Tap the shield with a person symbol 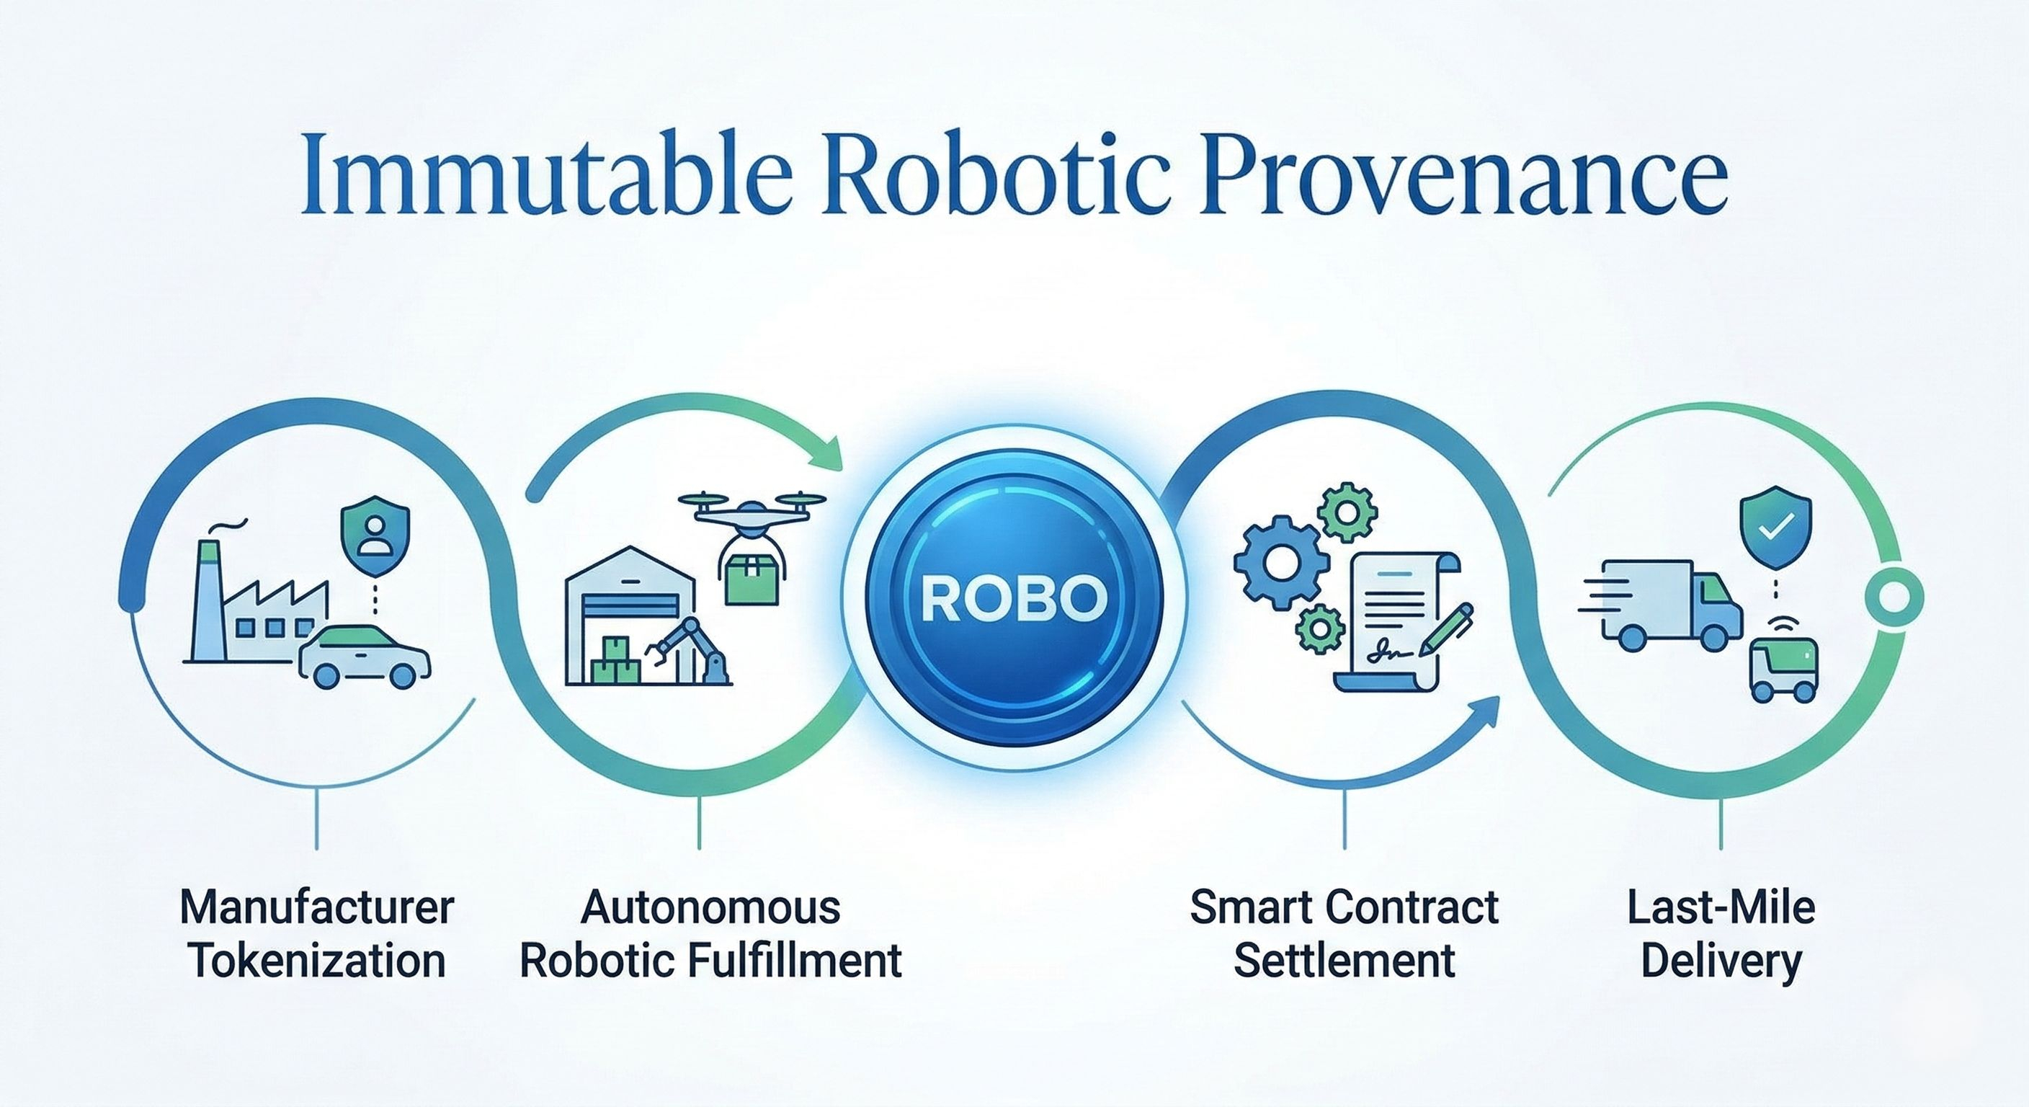click(x=374, y=535)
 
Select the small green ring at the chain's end click(x=1894, y=597)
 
